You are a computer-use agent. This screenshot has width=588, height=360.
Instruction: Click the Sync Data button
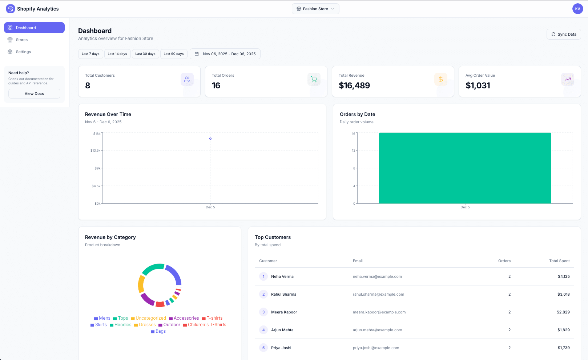pos(564,34)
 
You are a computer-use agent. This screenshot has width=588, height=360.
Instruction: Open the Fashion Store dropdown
pos(315,9)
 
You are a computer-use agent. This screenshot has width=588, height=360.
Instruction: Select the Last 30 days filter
pos(145,54)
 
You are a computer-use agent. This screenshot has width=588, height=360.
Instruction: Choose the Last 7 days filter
pos(90,54)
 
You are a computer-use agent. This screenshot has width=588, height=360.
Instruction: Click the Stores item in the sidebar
pos(22,40)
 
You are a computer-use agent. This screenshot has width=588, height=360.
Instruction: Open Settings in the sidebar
pos(23,52)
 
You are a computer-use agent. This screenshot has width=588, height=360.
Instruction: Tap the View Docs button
pos(34,93)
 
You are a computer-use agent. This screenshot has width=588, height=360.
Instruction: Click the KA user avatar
pos(577,9)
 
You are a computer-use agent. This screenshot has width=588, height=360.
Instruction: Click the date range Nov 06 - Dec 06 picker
pos(225,54)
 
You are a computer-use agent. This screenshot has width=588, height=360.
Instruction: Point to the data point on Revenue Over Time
pos(210,139)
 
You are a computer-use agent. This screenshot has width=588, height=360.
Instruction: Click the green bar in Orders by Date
pos(465,168)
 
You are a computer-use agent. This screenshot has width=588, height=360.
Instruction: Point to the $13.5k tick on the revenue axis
pos(96,150)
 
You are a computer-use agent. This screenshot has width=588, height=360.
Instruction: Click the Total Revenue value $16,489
pos(354,85)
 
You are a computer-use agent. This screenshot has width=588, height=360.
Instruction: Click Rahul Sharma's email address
pos(378,294)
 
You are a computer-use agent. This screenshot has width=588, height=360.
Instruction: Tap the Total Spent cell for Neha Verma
pos(564,276)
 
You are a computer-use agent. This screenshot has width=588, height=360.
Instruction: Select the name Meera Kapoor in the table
pos(284,312)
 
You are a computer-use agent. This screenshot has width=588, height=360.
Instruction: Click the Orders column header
pos(504,261)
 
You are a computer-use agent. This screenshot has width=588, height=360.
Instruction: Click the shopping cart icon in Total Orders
pos(314,79)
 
